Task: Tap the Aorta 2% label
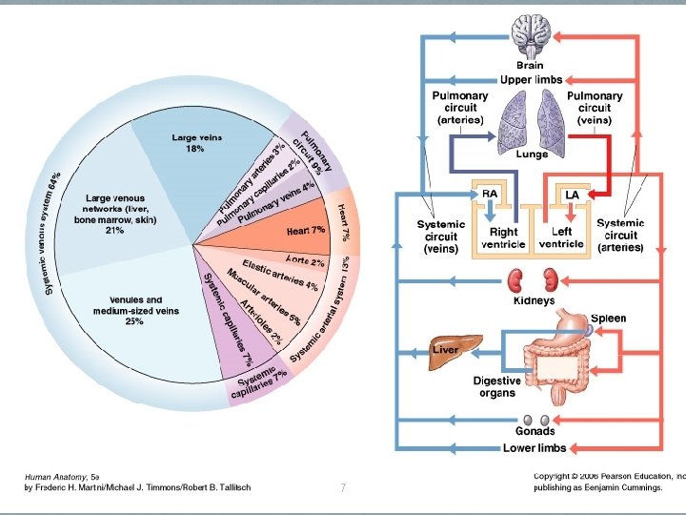tap(305, 261)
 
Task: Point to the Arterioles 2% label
tap(261, 321)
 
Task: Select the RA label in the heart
tap(490, 194)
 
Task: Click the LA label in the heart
tap(572, 195)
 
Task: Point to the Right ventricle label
tap(503, 238)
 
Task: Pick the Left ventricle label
tap(561, 237)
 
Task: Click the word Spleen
tap(608, 319)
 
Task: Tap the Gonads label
tap(535, 431)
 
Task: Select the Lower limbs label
tap(535, 448)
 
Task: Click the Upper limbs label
tap(531, 80)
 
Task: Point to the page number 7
tap(343, 487)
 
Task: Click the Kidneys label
tap(534, 300)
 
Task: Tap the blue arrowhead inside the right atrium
tap(490, 215)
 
